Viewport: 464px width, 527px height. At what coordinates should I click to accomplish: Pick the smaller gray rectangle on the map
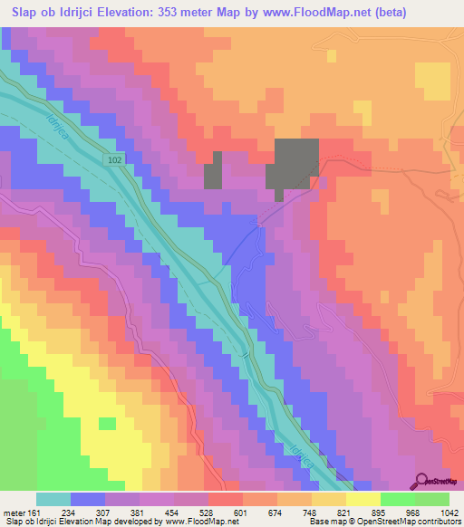213,170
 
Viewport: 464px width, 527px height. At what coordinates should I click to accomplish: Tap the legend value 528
208,512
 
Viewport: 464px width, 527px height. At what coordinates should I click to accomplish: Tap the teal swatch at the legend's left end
53,499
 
